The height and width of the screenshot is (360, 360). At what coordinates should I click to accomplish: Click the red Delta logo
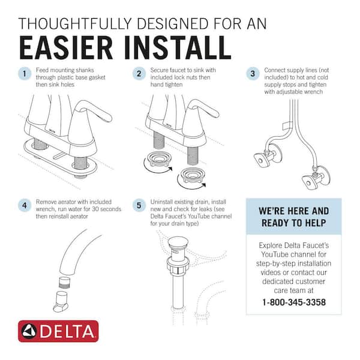click(x=58, y=331)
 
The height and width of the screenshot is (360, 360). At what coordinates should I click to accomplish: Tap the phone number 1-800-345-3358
click(x=293, y=302)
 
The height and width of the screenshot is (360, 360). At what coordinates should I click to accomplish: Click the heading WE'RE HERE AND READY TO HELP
click(x=293, y=217)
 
